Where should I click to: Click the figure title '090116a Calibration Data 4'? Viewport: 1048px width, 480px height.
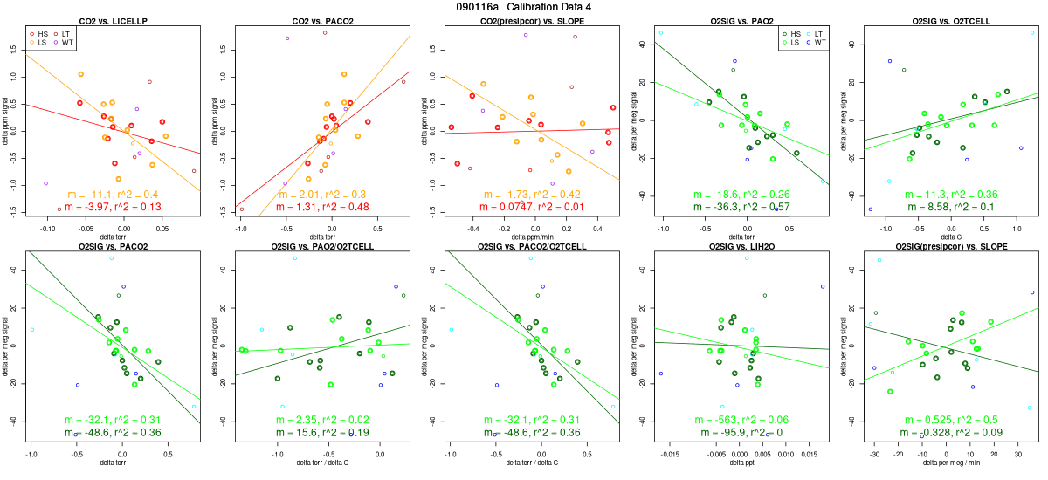[x=523, y=7]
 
